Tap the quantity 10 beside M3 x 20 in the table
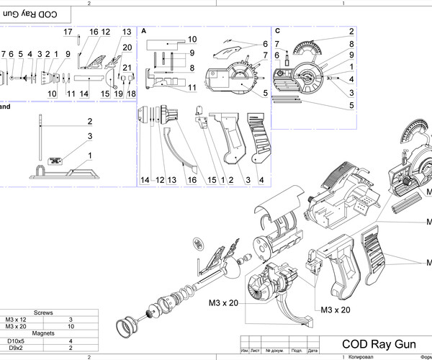(x=71, y=326)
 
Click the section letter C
(x=277, y=32)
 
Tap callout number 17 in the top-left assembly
(x=68, y=32)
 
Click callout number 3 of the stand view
(x=91, y=135)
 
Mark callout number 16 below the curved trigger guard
(x=192, y=179)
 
